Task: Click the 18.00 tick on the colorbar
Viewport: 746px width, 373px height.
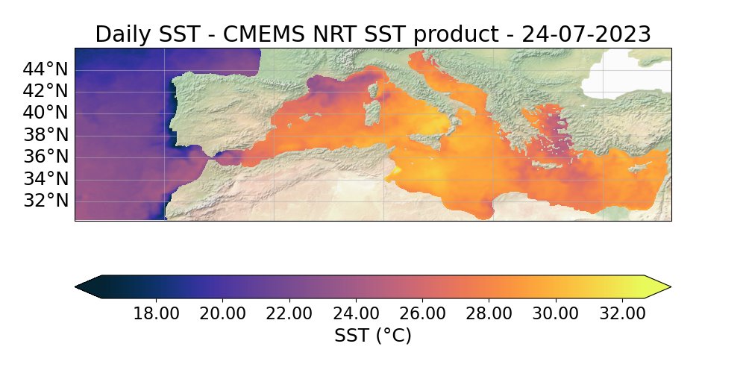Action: click(x=156, y=313)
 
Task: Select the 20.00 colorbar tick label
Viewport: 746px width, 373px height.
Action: click(x=222, y=313)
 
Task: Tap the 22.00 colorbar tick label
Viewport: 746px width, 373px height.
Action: click(x=289, y=313)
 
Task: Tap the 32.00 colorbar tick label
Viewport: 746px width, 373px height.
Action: click(x=622, y=313)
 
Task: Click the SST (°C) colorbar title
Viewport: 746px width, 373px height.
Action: click(x=373, y=336)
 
